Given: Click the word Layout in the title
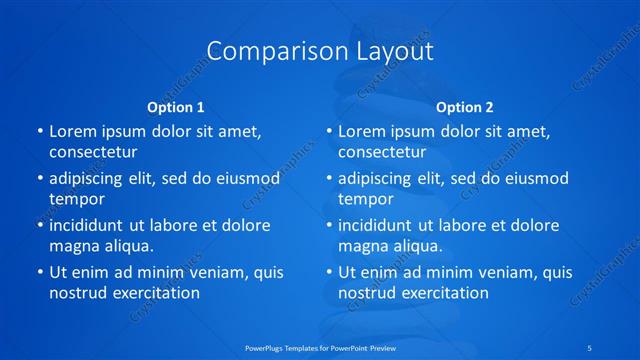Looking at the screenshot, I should click(x=393, y=51).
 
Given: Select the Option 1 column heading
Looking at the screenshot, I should click(x=176, y=106).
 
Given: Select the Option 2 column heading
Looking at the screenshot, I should click(x=465, y=106).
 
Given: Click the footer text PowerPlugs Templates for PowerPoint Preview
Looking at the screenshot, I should click(x=319, y=347).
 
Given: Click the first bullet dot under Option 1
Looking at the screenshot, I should click(x=40, y=132).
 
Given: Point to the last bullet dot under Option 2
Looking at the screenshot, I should click(x=329, y=272).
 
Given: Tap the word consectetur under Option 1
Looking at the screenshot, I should click(x=93, y=152).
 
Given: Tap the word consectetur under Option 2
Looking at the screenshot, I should click(x=382, y=152).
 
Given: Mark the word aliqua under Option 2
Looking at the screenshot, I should click(x=415, y=245).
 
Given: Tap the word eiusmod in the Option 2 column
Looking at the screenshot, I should click(x=534, y=179).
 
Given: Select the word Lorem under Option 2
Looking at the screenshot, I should click(x=361, y=132).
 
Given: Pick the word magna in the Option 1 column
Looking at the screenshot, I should click(x=72, y=245).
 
